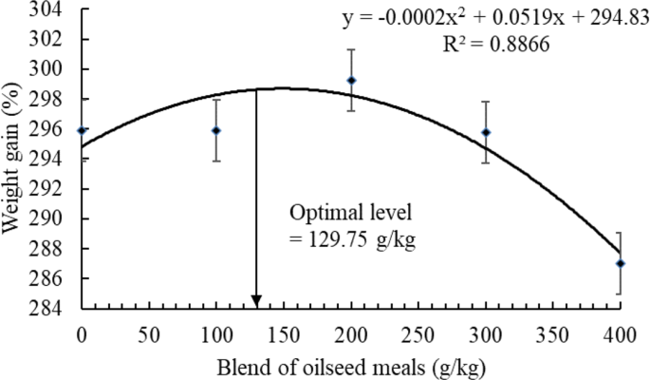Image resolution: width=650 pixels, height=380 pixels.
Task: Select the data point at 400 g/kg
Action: [621, 263]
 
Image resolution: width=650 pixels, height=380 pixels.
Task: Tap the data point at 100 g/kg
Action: [216, 130]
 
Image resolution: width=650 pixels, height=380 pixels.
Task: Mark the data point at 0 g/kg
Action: [83, 130]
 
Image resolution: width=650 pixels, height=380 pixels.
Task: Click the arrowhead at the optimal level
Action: [256, 301]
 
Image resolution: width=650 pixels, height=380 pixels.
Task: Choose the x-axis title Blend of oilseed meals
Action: [351, 365]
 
